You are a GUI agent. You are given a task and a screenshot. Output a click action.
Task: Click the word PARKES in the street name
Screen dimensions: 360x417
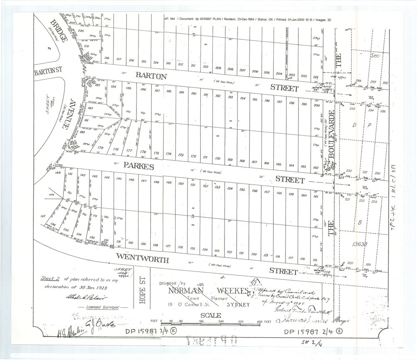pos(138,166)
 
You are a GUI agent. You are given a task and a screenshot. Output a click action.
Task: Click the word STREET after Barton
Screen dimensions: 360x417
pos(284,88)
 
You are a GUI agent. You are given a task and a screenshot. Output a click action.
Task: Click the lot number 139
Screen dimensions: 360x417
pos(52,195)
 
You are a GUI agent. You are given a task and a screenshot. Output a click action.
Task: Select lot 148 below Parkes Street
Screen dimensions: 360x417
pos(156,182)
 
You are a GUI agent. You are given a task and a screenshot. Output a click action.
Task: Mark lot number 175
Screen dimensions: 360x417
pos(157,153)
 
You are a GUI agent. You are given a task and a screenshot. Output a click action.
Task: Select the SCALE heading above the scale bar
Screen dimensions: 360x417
pos(211,315)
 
